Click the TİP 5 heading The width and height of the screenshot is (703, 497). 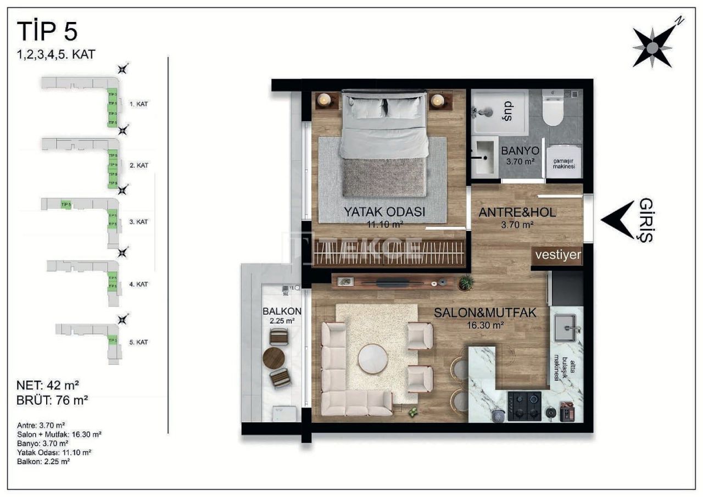click(47, 31)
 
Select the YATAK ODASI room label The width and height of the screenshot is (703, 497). click(384, 211)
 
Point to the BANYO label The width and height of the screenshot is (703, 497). click(520, 151)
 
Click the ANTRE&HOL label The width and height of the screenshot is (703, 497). click(517, 213)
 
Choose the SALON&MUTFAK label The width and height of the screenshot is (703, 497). click(485, 312)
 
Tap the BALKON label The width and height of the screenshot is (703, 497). click(282, 311)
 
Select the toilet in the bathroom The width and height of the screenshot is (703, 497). click(553, 110)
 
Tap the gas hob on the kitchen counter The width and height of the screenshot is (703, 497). click(524, 406)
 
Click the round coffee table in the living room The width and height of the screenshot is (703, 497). click(373, 359)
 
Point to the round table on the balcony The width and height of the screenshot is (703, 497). click(274, 358)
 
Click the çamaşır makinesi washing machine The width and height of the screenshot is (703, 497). click(564, 162)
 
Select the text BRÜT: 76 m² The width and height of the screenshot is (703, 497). click(53, 400)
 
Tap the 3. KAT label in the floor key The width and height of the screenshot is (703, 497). click(139, 222)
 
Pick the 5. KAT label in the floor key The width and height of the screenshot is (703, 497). click(139, 342)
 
